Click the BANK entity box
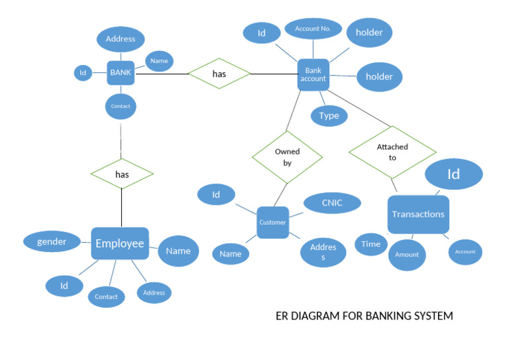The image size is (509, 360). coord(121,73)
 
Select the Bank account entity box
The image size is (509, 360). coord(313,74)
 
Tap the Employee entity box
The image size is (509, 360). coord(120,243)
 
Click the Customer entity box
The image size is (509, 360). coord(272,222)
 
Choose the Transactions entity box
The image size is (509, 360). coord(418,214)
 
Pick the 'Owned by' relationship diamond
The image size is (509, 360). coord(287,156)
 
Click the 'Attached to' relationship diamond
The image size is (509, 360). coord(392,152)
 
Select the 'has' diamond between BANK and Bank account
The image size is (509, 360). coord(219,74)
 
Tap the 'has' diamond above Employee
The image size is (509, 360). coord(122,174)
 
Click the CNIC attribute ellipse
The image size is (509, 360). coord(332,203)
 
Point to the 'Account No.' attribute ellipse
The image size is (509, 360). coord(313,29)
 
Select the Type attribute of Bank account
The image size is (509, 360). coord(329,115)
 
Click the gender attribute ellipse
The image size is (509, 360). coord(52,241)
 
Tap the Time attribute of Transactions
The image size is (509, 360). coord(371,244)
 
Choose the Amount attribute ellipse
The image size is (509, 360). coord(407,255)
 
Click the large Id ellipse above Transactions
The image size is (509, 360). coord(453,174)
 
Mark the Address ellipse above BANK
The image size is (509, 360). coord(121,39)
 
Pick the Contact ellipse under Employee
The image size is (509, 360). coord(106,296)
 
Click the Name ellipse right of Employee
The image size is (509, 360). coord(178,251)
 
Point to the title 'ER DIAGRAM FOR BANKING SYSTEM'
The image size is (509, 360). coord(364,316)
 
